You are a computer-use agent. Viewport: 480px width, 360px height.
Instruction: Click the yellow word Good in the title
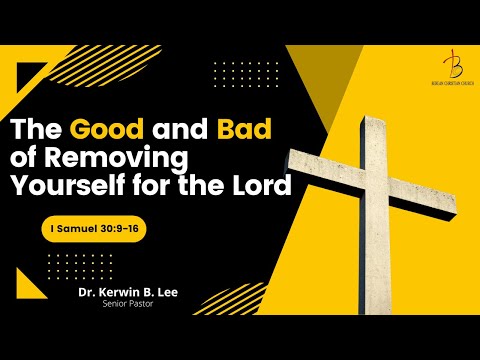click(101, 131)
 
